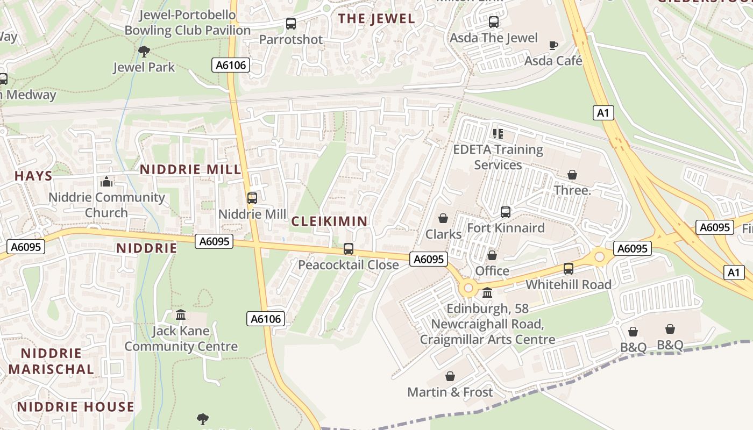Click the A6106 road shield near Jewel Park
(231, 66)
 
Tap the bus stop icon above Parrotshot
(291, 24)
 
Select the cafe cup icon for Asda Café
(553, 45)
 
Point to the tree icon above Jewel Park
(144, 52)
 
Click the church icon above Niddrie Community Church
(106, 182)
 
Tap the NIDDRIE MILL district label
(190, 170)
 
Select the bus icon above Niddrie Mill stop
(252, 198)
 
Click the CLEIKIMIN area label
(330, 221)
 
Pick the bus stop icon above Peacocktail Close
(349, 249)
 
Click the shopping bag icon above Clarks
(443, 218)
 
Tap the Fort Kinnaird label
(506, 228)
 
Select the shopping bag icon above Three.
(572, 175)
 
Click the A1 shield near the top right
(603, 113)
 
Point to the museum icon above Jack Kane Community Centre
(181, 314)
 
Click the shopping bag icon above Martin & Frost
(450, 376)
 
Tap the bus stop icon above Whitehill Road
(569, 269)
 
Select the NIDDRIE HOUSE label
(75, 407)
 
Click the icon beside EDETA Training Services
(498, 133)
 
